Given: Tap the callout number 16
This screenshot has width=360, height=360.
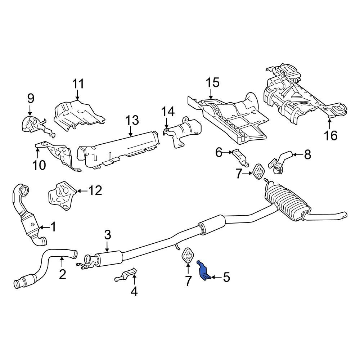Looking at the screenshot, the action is (x=331, y=135).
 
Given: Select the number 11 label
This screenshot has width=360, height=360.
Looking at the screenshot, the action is (x=78, y=84).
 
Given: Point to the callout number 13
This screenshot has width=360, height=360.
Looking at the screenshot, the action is (x=132, y=120).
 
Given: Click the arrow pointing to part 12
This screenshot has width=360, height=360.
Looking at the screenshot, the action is (x=82, y=191).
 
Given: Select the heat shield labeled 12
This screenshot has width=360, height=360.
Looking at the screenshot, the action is (x=62, y=195).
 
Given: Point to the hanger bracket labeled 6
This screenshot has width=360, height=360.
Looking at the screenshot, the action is (x=240, y=158).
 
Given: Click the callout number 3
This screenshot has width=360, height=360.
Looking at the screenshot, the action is (x=107, y=234).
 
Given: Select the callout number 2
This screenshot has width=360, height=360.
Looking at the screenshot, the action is (x=62, y=274).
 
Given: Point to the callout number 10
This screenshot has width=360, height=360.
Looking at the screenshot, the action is (x=39, y=165).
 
